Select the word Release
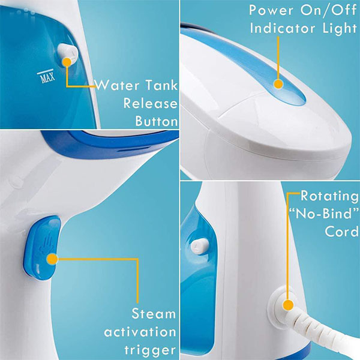click(151, 103)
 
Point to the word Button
click(156, 121)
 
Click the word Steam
click(154, 314)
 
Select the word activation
click(140, 332)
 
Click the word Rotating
click(328, 196)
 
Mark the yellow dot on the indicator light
click(278, 85)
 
